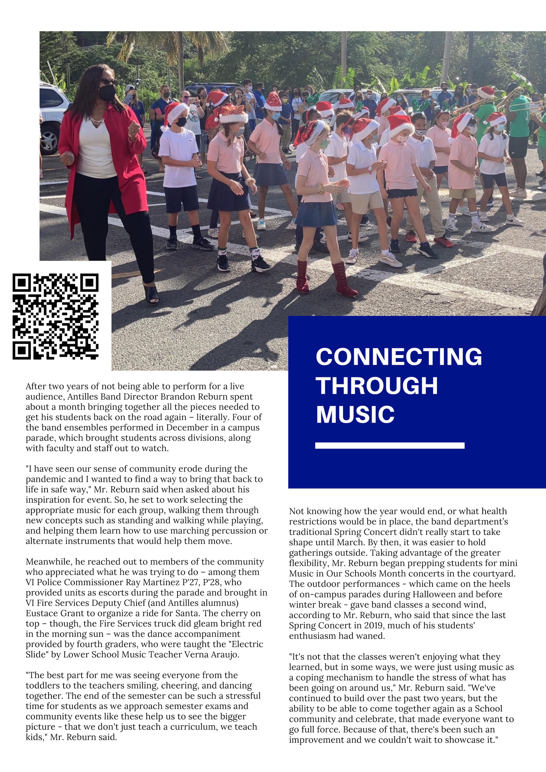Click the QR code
tap(55, 316)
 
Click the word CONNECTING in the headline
tap(399, 357)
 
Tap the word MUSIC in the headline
tap(355, 414)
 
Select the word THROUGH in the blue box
tap(377, 386)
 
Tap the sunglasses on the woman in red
tap(108, 82)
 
